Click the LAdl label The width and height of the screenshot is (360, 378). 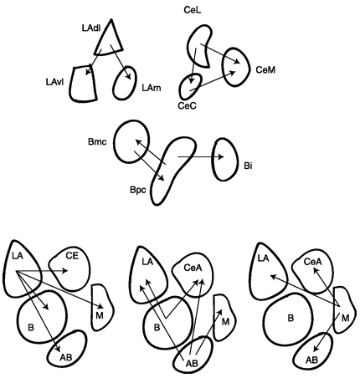click(91, 28)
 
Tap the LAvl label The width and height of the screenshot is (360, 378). click(55, 82)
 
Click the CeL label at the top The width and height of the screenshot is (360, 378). click(193, 10)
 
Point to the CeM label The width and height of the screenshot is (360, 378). click(265, 69)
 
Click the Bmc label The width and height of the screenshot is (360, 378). click(97, 142)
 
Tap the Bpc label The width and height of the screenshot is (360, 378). click(138, 191)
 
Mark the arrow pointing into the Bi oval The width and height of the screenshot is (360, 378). click(200, 157)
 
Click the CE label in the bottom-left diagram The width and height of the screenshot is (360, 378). click(72, 256)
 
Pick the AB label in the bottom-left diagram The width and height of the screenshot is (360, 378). click(66, 357)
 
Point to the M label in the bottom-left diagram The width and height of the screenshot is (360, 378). click(100, 315)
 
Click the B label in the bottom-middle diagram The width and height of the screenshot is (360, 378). click(157, 327)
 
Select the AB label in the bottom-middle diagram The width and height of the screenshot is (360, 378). click(192, 363)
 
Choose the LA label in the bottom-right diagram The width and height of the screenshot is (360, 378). click(263, 258)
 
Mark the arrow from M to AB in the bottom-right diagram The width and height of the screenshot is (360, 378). click(327, 332)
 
